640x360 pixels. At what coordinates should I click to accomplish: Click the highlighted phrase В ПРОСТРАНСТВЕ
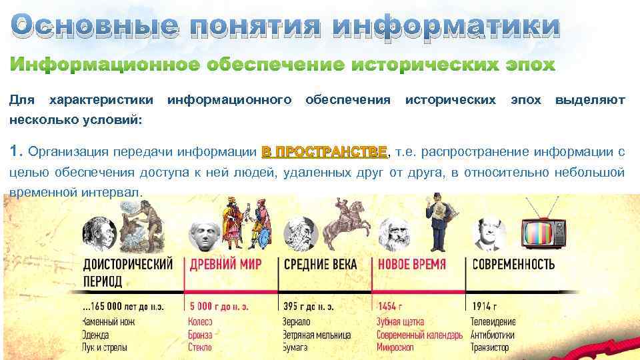pyautogui.click(x=324, y=151)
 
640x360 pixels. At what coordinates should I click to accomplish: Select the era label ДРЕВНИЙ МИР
pyautogui.click(x=225, y=264)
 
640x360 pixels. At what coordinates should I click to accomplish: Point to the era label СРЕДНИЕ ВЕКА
pyautogui.click(x=320, y=264)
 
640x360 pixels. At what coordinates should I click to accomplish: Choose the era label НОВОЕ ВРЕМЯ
pyautogui.click(x=411, y=264)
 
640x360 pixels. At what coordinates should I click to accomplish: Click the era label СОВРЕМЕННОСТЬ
pyautogui.click(x=513, y=264)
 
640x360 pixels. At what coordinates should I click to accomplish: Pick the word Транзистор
pyautogui.click(x=489, y=347)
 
